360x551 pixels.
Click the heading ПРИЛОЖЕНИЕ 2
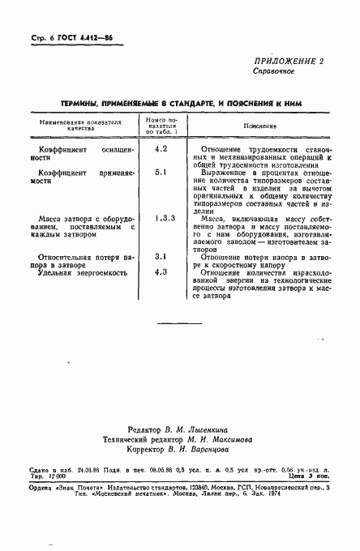click(x=289, y=62)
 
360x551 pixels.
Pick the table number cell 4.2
click(x=161, y=149)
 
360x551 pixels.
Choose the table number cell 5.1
click(x=161, y=173)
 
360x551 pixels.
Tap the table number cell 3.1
click(x=161, y=256)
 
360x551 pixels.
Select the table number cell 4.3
click(x=161, y=272)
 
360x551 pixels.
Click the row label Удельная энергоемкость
click(x=84, y=273)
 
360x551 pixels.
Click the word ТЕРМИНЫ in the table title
click(x=82, y=104)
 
